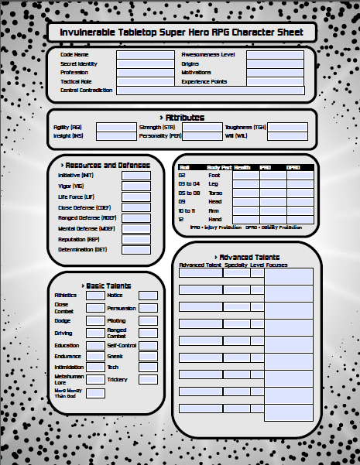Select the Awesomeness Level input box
pyautogui.click(x=275, y=55)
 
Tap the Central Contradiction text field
pyautogui.click(x=210, y=91)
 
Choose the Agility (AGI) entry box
pyautogui.click(x=115, y=127)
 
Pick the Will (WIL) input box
pyautogui.click(x=286, y=136)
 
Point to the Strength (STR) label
pyautogui.click(x=157, y=127)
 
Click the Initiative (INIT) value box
pyautogui.click(x=136, y=176)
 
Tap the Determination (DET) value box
pyautogui.click(x=136, y=251)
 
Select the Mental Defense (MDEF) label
pyautogui.click(x=81, y=229)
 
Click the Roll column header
pyautogui.click(x=184, y=168)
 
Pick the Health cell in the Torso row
pyautogui.click(x=245, y=193)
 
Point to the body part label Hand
pyautogui.click(x=214, y=219)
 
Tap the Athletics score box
pyautogui.click(x=95, y=296)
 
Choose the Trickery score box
pyautogui.click(x=148, y=380)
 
